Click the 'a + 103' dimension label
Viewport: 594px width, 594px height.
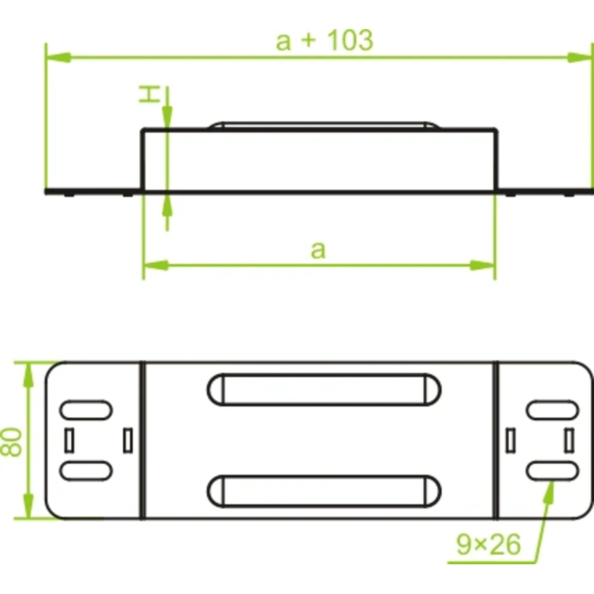pyautogui.click(x=325, y=41)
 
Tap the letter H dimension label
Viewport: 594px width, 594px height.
pyautogui.click(x=149, y=95)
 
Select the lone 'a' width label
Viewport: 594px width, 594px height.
pyautogui.click(x=318, y=250)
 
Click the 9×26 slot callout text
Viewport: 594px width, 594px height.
pyautogui.click(x=489, y=545)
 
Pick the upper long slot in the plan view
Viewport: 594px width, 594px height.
pyautogui.click(x=324, y=390)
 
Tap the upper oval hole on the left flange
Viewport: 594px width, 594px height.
pyautogui.click(x=86, y=410)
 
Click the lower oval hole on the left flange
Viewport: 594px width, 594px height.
pyautogui.click(x=86, y=471)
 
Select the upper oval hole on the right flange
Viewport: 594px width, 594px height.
pyautogui.click(x=552, y=410)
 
